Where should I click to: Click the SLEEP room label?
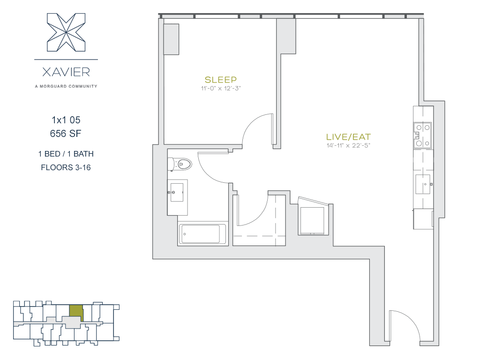(220, 80)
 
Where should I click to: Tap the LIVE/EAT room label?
(348, 137)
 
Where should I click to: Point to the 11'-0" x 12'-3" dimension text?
(221, 89)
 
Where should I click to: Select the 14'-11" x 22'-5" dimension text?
(348, 145)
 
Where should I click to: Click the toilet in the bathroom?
(180, 164)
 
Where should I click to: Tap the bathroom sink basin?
(177, 192)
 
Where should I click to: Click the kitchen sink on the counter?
(423, 184)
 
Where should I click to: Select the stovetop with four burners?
(423, 135)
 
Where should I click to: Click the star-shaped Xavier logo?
(66, 32)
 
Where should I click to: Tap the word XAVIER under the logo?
(66, 72)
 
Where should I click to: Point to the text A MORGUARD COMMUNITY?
(66, 86)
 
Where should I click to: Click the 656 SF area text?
(66, 134)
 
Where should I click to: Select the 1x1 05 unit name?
(66, 120)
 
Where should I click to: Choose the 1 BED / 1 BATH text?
(66, 154)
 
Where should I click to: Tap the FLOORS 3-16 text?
(66, 167)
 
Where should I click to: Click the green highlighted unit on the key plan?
(76, 311)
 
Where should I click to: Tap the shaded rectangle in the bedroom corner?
(171, 39)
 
